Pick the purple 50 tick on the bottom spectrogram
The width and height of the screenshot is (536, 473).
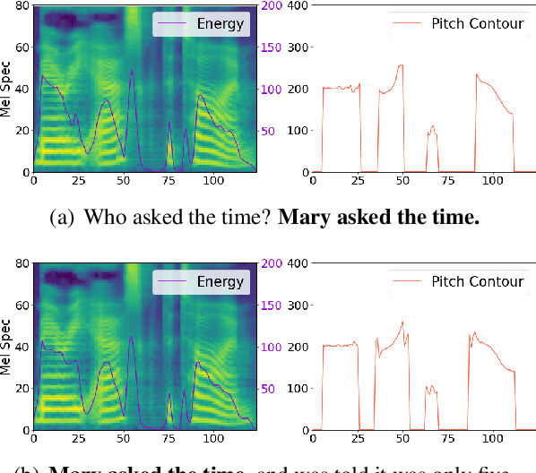(268, 390)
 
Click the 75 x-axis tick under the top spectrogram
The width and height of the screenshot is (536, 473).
(169, 180)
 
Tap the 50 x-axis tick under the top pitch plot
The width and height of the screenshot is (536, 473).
(402, 180)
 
